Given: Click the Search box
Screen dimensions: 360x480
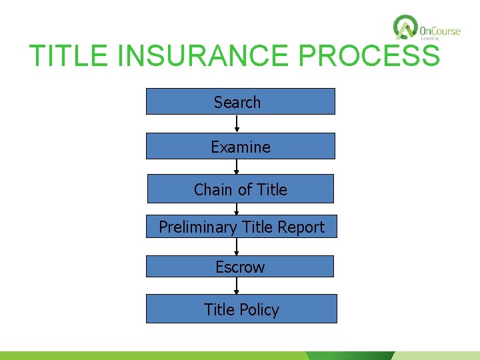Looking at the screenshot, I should (240, 101).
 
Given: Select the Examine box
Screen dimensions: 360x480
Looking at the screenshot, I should (240, 146).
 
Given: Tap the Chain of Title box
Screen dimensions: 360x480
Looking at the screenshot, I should (240, 189).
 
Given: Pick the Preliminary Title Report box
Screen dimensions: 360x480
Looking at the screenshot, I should (241, 227).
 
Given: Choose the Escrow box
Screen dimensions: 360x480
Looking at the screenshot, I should (240, 267).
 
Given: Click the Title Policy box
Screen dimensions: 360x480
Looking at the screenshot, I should (241, 309).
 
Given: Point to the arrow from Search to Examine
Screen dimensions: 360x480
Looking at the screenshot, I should (237, 124).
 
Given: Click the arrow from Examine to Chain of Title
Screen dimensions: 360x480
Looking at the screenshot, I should (236, 167).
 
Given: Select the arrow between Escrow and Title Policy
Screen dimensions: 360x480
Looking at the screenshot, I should (236, 285).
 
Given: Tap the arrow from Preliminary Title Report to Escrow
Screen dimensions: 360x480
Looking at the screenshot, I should (236, 247).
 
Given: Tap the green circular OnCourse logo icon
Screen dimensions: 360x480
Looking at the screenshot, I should (405, 28).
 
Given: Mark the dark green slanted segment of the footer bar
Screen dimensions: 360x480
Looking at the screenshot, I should (351, 356).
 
